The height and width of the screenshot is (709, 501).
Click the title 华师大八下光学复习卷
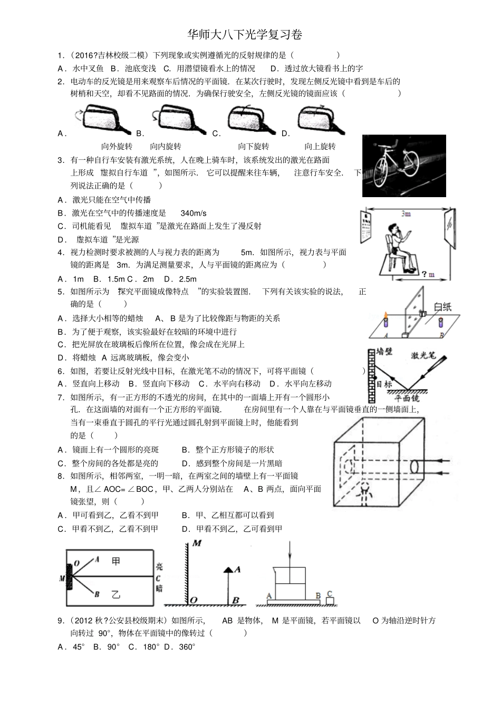(x=245, y=35)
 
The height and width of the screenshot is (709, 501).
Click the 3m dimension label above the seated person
(x=406, y=213)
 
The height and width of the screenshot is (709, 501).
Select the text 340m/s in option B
(x=194, y=213)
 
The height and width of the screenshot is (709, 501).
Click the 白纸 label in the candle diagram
(x=442, y=307)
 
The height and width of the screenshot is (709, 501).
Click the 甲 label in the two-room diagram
(x=116, y=561)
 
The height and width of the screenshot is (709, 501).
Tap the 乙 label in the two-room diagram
(x=116, y=594)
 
